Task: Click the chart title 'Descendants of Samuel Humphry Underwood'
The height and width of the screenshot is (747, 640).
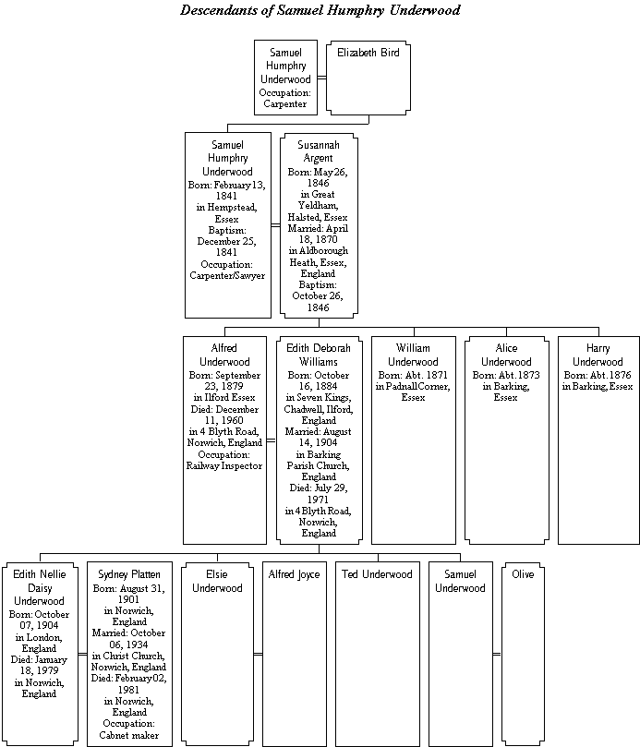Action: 320,10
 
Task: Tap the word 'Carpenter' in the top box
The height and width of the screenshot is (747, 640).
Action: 285,103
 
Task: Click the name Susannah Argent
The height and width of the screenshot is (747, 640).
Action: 319,151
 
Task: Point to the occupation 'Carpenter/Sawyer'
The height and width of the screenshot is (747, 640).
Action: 227,275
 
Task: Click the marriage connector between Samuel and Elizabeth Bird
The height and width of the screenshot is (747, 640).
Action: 321,78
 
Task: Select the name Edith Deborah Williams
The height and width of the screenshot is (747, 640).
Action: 319,355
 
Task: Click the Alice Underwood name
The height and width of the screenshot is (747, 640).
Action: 506,355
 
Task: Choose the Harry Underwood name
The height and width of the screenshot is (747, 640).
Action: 598,355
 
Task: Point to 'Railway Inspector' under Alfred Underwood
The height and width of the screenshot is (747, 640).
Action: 224,466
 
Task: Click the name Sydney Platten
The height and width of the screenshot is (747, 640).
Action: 129,574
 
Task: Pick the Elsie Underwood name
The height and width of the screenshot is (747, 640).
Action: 217,581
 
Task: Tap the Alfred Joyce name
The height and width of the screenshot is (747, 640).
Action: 294,574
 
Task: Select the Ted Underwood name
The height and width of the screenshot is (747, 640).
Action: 377,574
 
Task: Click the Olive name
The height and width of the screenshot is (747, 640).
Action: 523,574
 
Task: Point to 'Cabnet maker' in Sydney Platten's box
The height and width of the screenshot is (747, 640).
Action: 129,735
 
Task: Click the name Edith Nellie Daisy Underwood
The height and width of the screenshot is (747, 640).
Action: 39,587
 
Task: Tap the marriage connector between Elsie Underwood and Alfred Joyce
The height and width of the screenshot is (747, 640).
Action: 258,654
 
